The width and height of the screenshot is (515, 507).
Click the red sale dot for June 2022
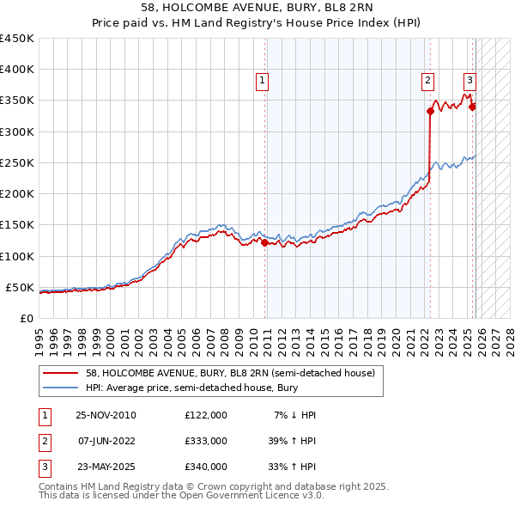(430, 111)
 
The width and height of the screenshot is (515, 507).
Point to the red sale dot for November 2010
(264, 242)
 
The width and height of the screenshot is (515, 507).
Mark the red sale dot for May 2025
(472, 107)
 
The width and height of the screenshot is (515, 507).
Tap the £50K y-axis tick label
(20, 287)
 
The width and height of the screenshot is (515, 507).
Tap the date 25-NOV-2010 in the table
(106, 415)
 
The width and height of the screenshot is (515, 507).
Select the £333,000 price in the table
(205, 441)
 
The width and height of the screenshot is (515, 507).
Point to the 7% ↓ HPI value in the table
(294, 415)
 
